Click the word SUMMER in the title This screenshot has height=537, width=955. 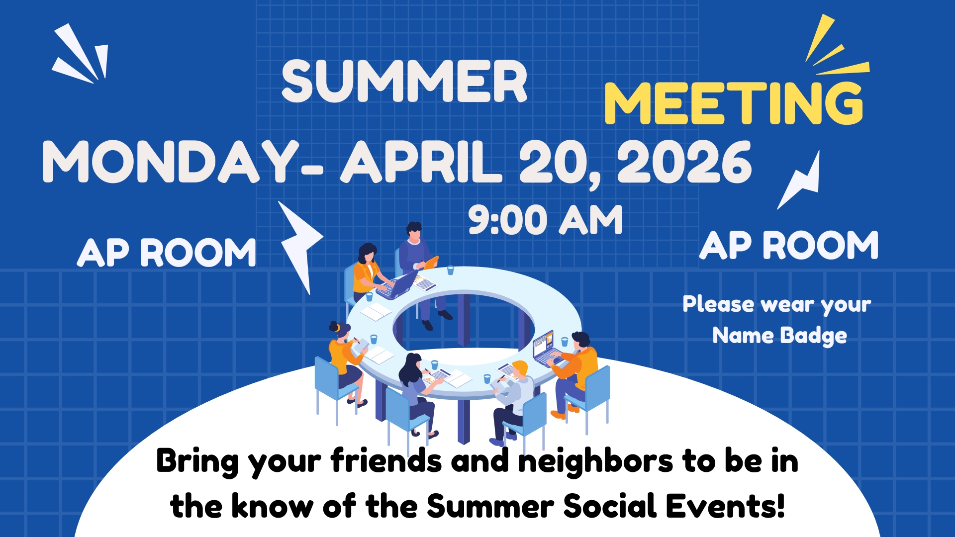click(x=404, y=82)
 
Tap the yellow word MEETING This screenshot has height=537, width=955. click(x=734, y=103)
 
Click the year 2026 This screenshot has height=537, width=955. click(x=684, y=162)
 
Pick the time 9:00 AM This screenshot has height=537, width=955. click(x=545, y=220)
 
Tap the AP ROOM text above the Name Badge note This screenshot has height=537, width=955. click(x=789, y=246)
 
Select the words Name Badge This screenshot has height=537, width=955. click(x=779, y=336)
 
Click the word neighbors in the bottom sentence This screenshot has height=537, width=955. click(x=595, y=461)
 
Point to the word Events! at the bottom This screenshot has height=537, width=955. click(x=725, y=506)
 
